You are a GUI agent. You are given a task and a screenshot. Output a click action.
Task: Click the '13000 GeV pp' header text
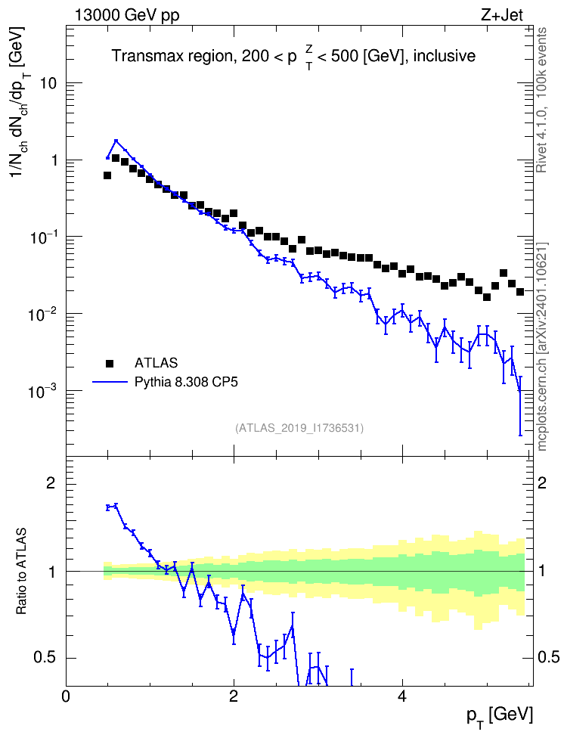coord(126,15)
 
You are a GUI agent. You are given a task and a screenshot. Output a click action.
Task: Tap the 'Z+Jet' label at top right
coord(502,15)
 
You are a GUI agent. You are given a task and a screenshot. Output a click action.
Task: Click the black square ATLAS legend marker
coord(110,363)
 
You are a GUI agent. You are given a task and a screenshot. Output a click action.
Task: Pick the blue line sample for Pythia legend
coord(110,382)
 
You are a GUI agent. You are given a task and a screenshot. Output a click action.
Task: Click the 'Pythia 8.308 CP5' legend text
coord(186,382)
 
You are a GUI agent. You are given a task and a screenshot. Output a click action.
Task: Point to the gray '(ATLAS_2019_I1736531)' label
coord(299,428)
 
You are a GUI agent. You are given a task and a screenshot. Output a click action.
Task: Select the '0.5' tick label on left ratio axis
coord(45,658)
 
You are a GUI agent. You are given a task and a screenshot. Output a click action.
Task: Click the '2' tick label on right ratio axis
coord(542,482)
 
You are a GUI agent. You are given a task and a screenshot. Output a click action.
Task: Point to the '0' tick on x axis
coord(66,696)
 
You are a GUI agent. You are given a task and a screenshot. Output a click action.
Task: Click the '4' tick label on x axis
coord(402,696)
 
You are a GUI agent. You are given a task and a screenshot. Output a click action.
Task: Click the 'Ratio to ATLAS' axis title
coord(21,572)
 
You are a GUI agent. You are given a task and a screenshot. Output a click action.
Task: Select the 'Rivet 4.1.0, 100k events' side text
coord(542,100)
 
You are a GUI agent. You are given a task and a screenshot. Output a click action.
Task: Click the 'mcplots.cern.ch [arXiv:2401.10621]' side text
coord(542,347)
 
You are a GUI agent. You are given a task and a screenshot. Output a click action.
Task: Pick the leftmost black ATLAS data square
coord(107,175)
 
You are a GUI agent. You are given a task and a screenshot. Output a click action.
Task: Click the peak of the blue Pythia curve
coord(116,140)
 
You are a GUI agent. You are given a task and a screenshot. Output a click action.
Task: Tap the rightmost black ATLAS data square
coord(520,292)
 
